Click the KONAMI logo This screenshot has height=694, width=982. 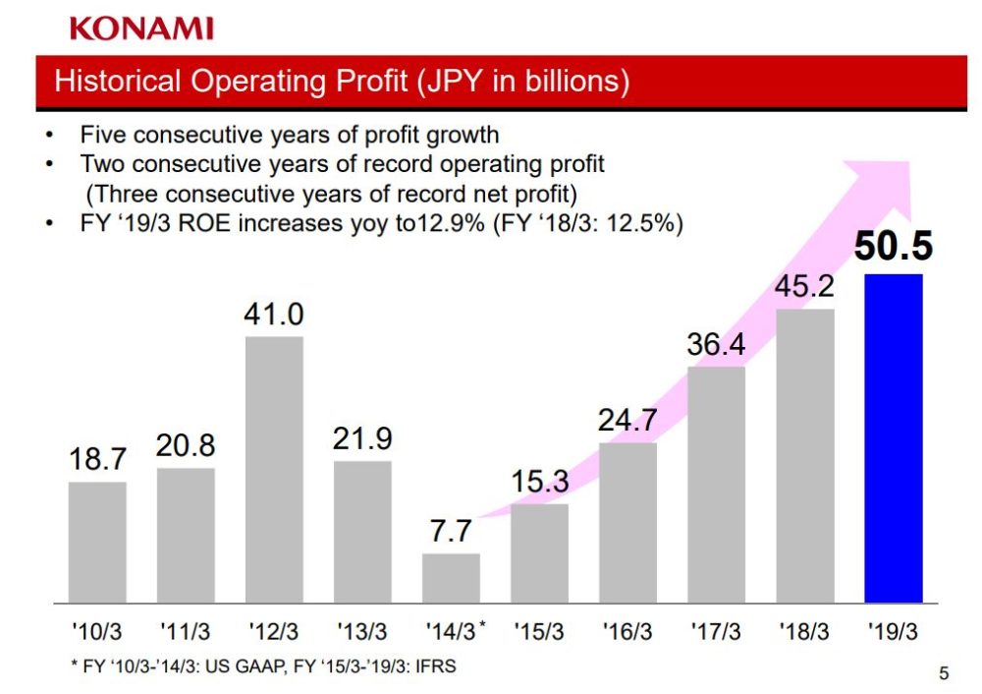coord(141,29)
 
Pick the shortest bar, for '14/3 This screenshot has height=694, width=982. coord(451,577)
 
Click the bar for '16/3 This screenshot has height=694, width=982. coord(627,522)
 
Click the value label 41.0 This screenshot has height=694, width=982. coord(274,316)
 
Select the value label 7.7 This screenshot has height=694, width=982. coord(451,532)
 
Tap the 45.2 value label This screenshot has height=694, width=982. coord(804,287)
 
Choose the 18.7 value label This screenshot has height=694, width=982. coord(97,459)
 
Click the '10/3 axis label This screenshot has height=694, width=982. coord(97,631)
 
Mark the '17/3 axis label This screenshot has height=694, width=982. coord(715,631)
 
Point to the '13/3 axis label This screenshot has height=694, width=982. coord(361,631)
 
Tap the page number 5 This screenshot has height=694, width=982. coord(945,673)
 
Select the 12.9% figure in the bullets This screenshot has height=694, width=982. coord(453,223)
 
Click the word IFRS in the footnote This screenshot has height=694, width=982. coord(436,666)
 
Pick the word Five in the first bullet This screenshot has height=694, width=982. coord(101,135)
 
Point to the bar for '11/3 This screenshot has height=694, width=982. coord(186,535)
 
